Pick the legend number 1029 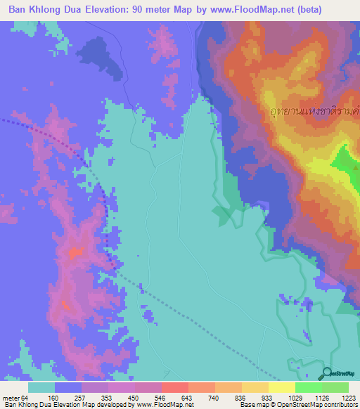(296, 398)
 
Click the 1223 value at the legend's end (349, 398)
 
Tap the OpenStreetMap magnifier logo (328, 373)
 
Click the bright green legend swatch (309, 387)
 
